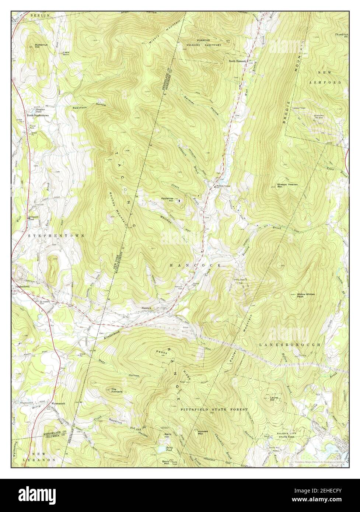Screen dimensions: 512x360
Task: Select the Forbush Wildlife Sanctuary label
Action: click(209, 42)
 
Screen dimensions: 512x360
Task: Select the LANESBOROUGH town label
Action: click(288, 344)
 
